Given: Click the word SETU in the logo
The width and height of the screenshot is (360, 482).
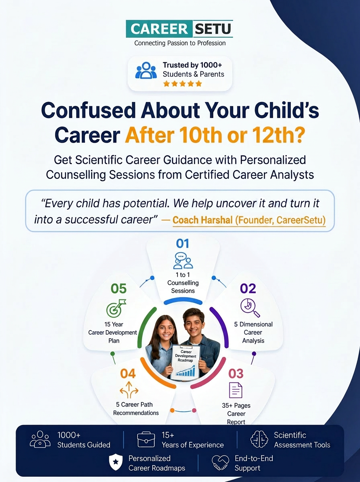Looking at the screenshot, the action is coord(213,29).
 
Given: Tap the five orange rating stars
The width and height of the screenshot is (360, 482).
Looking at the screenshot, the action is coord(182,84).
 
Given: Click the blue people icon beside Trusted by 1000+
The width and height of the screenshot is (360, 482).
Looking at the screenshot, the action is coord(146,70).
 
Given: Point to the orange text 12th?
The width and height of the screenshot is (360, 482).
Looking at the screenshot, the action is coord(278,135).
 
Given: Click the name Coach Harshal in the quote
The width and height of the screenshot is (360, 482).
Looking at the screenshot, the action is coord(202,220).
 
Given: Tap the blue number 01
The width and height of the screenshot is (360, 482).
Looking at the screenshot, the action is coord(182,243).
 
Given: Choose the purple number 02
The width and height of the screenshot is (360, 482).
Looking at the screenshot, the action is coord(248,288).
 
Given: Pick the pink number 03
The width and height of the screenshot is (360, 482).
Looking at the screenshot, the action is coord(236,374).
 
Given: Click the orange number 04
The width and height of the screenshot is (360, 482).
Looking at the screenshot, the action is coord(128,374).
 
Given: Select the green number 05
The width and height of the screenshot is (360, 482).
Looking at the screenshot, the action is coord(119,288).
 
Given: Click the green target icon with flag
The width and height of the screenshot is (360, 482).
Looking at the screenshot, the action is coord(116,308).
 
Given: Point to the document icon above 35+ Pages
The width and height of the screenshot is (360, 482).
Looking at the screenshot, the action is coord(236,390).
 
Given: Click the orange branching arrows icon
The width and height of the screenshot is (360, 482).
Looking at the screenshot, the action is coord(129,390).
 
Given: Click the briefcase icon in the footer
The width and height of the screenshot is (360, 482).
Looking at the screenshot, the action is coord(146,439).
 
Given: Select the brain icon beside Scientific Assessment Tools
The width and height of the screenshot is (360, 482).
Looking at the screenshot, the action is coord(259,439).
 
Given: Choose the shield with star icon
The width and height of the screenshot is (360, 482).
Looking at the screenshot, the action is coord(116,462).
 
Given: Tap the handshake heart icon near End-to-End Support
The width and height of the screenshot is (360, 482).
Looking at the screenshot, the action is coord(220,462).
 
